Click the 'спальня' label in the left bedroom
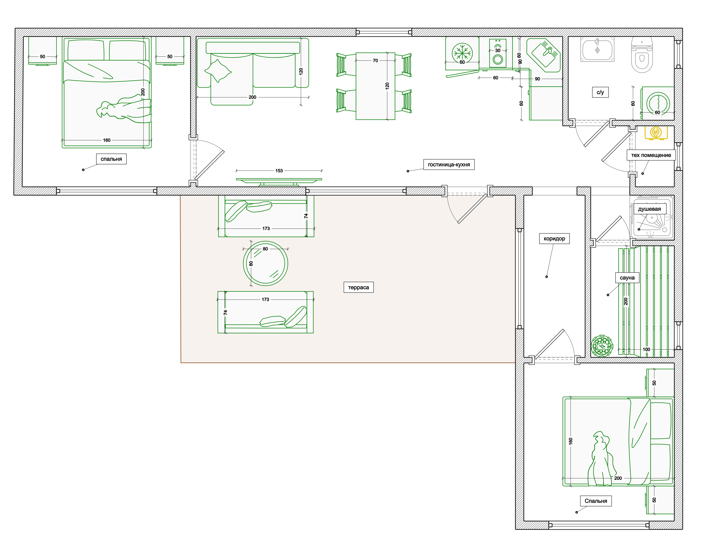(x=111, y=159)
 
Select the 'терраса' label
(x=358, y=287)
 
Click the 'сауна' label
(x=627, y=278)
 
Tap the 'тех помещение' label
(x=651, y=155)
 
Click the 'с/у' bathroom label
(x=600, y=92)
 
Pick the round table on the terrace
(x=265, y=263)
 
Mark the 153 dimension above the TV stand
(x=279, y=171)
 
